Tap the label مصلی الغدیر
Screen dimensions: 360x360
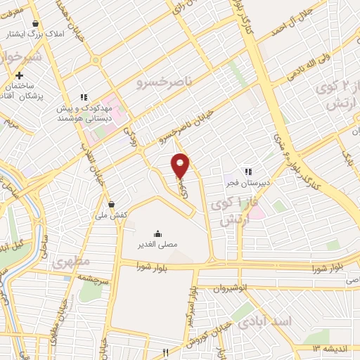click(x=156, y=244)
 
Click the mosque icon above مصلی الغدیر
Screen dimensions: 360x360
click(x=156, y=233)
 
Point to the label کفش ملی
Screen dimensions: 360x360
click(x=111, y=214)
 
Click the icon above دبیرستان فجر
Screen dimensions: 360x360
click(x=247, y=171)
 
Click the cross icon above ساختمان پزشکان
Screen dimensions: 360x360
click(x=20, y=75)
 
